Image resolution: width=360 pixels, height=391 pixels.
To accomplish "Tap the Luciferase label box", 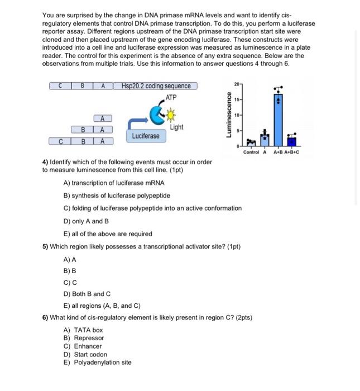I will coord(146,136).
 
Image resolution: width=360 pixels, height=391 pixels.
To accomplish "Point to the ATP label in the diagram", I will coord(171,98).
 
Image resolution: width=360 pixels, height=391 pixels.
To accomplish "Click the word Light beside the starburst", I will coord(176,127).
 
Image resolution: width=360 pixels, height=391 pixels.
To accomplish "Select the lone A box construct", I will coord(103,118).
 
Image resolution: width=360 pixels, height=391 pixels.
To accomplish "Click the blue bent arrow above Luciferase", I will coord(139,122).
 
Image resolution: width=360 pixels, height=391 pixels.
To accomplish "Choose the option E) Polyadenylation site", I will coord(98,362).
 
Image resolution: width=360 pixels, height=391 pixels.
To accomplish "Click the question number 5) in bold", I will coord(46,246).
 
